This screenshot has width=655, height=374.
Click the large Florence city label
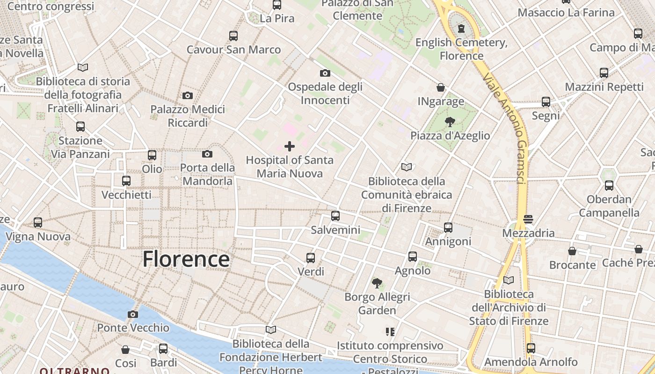tap(186, 259)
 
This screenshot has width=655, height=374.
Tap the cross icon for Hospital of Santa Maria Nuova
tap(290, 146)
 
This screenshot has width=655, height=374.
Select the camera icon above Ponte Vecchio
tap(133, 314)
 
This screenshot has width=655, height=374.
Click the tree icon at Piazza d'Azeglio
tap(450, 122)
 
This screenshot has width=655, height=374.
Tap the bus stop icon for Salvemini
tap(335, 216)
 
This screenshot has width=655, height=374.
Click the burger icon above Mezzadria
tap(528, 219)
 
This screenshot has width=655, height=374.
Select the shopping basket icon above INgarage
tap(441, 87)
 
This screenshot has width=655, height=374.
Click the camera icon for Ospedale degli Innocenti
tap(325, 73)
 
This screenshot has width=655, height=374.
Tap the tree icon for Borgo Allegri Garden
tap(377, 283)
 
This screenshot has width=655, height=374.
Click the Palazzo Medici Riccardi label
tap(187, 115)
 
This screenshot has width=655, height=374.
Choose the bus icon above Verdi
tap(311, 258)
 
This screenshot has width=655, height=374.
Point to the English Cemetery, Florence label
tap(461, 49)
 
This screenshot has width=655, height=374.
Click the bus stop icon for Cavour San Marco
tap(233, 36)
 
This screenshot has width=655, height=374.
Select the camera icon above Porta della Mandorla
tap(207, 154)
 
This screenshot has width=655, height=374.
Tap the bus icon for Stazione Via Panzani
tap(80, 126)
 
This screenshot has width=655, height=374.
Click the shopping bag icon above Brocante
tap(572, 251)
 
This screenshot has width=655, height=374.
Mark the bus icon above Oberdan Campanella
tap(609, 186)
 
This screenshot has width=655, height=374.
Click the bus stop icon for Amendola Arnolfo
tap(531, 348)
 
